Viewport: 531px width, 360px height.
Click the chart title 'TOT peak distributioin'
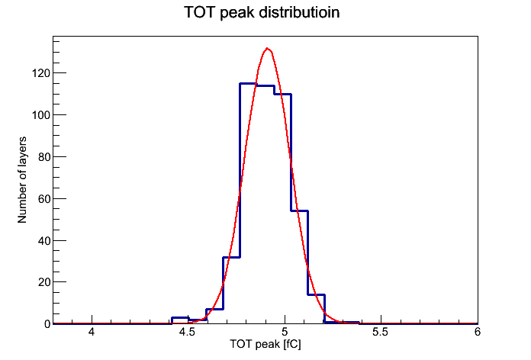click(262, 13)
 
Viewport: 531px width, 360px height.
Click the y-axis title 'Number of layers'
click(22, 180)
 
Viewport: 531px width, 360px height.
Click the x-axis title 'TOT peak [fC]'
click(265, 345)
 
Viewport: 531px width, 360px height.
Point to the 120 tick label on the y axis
click(41, 73)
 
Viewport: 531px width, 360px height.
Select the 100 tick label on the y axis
click(41, 115)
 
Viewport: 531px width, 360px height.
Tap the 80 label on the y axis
click(44, 157)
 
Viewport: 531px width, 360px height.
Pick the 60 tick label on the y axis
click(44, 199)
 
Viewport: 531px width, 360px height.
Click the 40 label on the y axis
click(44, 241)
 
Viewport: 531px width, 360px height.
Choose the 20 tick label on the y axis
click(44, 282)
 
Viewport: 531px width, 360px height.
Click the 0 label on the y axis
click(47, 324)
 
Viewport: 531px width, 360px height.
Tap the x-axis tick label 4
click(92, 332)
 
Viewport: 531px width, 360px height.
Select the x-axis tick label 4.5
click(187, 332)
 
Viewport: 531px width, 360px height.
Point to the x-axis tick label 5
click(285, 332)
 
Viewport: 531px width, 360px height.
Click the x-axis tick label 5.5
click(380, 332)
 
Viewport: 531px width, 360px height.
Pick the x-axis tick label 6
click(478, 332)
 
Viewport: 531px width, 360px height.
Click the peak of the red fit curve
click(268, 48)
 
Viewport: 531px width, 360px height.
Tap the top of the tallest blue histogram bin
click(248, 83)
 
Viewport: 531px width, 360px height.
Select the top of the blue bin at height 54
click(299, 211)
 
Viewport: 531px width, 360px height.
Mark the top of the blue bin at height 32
click(232, 257)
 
